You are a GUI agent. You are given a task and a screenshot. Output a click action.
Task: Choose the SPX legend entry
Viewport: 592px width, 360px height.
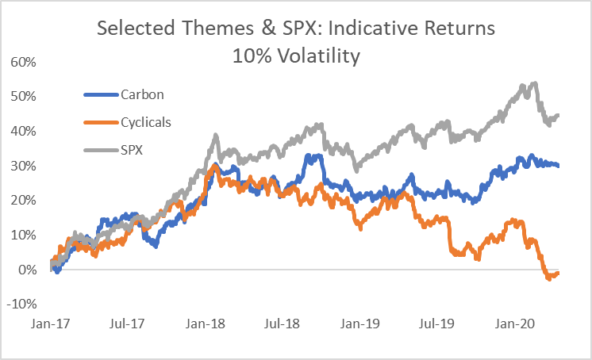tap(134, 149)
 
